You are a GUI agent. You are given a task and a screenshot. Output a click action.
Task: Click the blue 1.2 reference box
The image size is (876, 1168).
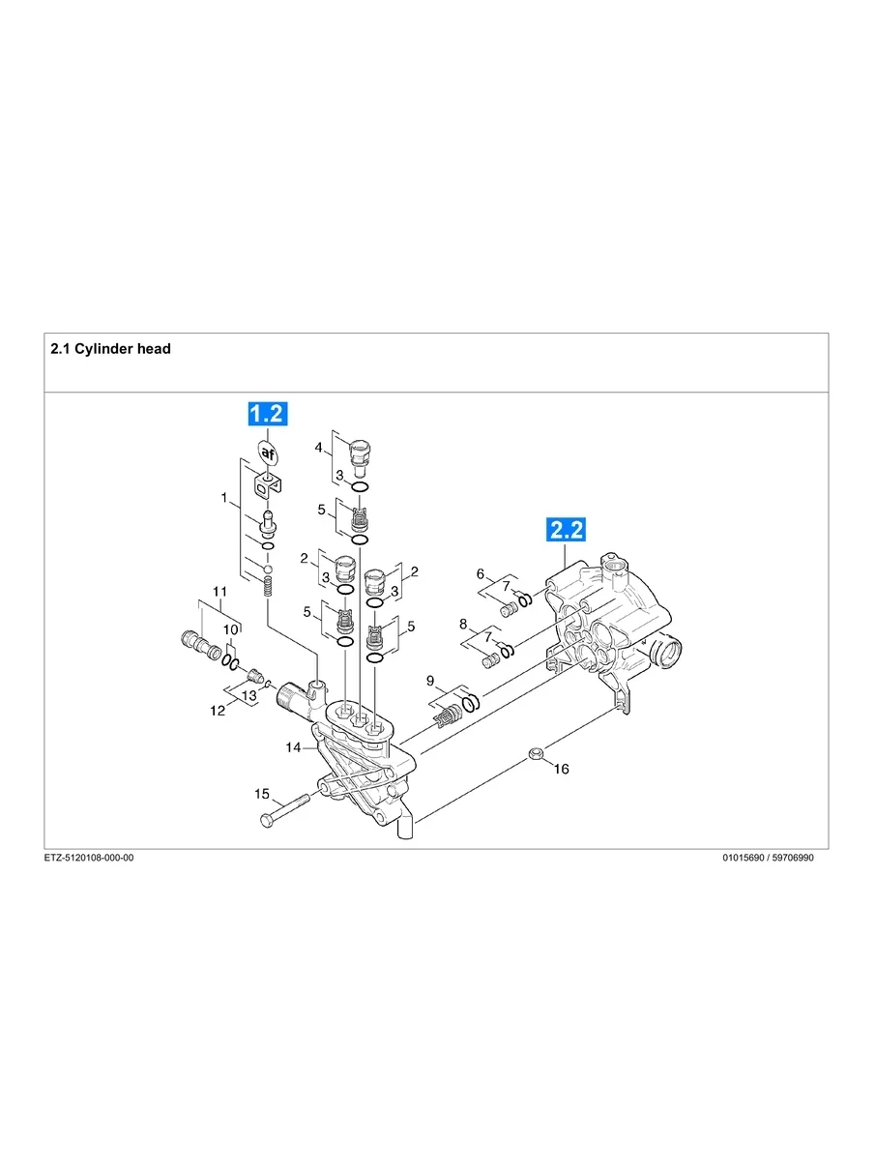266,414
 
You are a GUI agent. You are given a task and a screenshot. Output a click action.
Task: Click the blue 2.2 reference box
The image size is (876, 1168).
567,529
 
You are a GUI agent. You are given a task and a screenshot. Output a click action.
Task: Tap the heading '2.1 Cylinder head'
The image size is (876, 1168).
110,348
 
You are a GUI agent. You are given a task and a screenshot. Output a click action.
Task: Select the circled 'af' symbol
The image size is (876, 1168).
267,452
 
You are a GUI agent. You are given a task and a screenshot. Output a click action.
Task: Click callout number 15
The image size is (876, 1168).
261,794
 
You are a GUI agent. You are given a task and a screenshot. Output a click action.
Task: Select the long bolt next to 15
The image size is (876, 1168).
283,810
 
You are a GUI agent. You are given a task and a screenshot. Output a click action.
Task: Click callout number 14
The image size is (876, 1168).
293,747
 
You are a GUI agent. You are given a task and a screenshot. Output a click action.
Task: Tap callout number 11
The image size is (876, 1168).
219,591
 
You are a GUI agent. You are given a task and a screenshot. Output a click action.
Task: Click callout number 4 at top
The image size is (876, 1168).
318,447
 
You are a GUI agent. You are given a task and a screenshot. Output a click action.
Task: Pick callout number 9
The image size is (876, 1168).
430,681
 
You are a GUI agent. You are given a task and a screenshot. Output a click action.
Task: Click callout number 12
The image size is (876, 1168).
219,711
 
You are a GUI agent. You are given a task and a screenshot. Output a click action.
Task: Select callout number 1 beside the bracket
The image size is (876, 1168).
223,499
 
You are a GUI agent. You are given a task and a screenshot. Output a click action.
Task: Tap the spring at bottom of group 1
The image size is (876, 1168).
269,585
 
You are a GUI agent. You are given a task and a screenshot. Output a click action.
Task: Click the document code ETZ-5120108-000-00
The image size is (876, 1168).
89,858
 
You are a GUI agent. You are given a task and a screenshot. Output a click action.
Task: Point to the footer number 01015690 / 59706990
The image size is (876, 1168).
768,858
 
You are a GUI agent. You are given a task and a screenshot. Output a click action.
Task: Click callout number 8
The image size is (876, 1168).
463,624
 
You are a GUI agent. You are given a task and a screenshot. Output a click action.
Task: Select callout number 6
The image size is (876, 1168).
480,573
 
